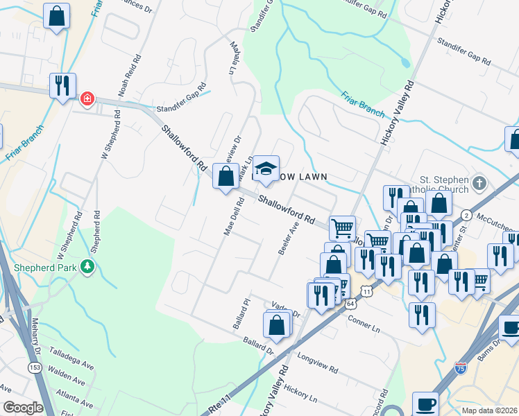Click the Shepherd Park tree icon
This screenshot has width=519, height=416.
(87, 267)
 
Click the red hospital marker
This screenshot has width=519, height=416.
(87, 98)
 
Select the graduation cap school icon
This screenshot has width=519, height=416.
(265, 168)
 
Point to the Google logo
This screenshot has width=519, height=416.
(24, 408)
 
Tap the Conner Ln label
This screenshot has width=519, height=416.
(364, 324)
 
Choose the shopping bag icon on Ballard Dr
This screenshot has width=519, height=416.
(276, 324)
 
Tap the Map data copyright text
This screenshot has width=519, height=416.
(488, 410)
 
